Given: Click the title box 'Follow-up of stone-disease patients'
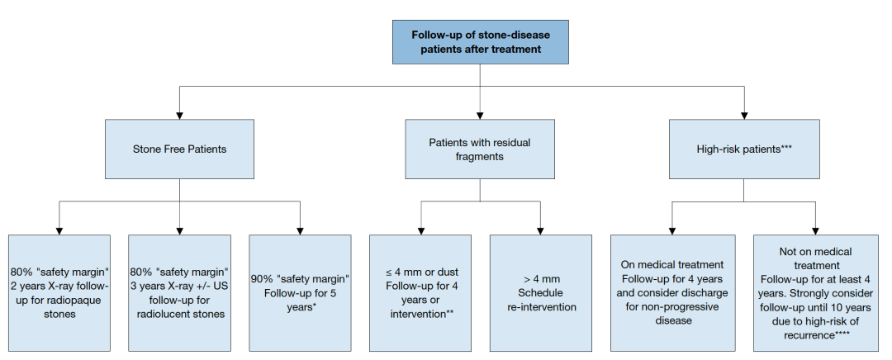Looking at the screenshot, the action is point(480,42).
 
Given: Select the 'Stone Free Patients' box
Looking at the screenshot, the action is point(179,149).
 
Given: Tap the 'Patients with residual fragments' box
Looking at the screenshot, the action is point(480,149).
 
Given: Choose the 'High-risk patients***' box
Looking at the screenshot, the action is point(744,149).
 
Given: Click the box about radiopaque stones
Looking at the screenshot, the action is point(59,293).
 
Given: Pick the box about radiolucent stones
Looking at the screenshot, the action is point(180,293).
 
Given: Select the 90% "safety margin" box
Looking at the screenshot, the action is point(300,293).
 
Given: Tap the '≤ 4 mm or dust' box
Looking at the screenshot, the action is point(420,293).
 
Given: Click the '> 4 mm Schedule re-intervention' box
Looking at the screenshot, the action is point(540,293).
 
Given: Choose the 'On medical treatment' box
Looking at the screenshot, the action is point(673,293).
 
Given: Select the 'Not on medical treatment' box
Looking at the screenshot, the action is point(816,293).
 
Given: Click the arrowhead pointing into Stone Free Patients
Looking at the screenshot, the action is point(180,116).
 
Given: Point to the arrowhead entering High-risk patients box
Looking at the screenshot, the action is point(744,116).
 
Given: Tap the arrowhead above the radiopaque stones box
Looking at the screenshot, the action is point(59,231).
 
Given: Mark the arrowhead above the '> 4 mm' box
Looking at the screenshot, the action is point(540,231).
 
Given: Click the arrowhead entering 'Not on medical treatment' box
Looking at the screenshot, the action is point(816,231).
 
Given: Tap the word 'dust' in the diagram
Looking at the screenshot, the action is point(448,272).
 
